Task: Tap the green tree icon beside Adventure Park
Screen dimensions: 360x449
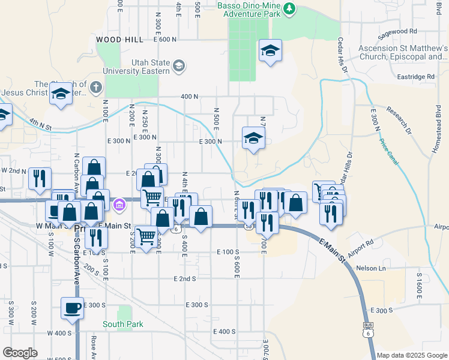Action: point(290,8)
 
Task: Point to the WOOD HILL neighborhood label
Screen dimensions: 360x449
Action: point(119,39)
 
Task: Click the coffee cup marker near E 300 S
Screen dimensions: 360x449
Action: point(72,308)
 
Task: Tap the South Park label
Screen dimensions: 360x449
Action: point(123,325)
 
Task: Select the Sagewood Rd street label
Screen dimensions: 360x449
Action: point(397,31)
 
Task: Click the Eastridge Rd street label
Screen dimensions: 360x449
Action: point(415,77)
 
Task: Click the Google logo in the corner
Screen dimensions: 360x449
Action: point(20,352)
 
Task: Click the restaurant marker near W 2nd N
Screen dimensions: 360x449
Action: point(40,178)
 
